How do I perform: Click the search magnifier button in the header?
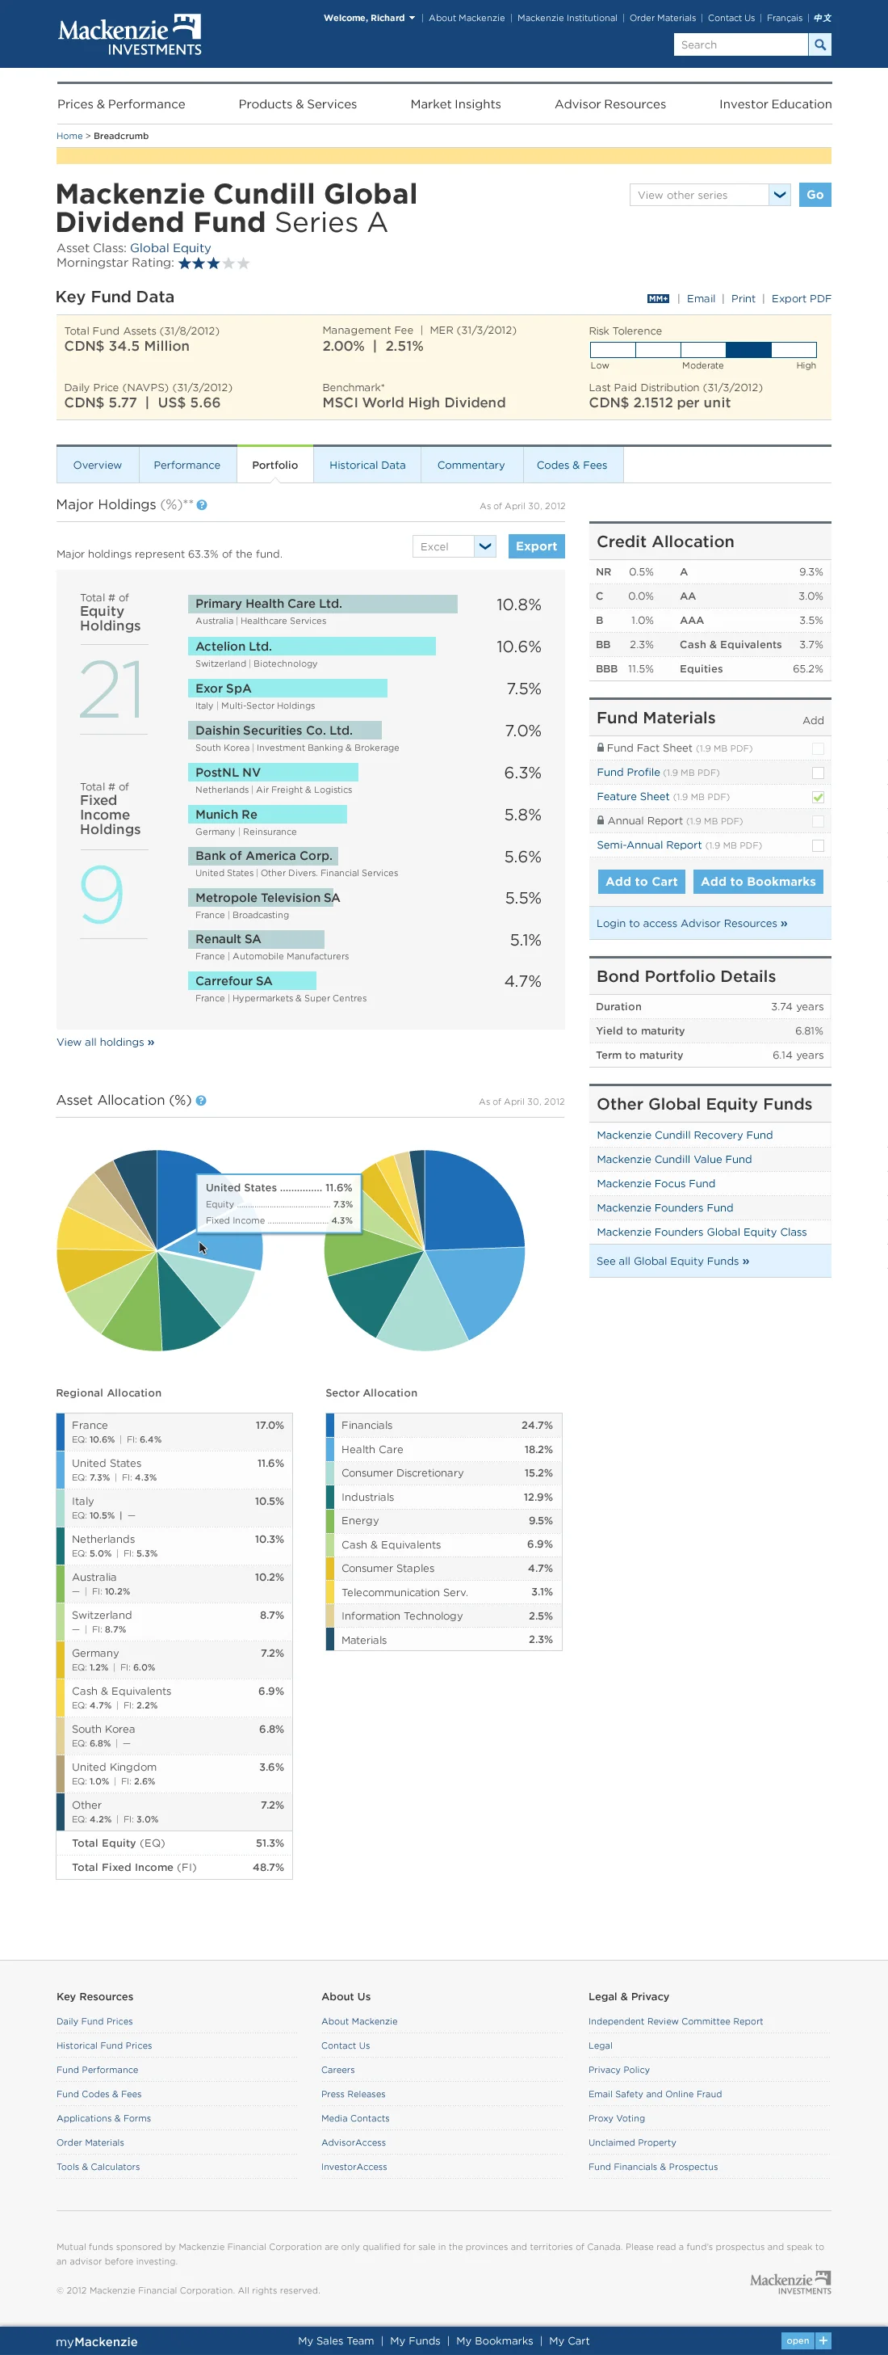[819, 44]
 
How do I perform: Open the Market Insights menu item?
[455, 104]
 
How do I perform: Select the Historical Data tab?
[367, 466]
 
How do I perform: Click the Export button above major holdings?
[535, 546]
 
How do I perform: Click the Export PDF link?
[800, 299]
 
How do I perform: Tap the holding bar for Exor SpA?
[287, 689]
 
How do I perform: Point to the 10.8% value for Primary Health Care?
[518, 605]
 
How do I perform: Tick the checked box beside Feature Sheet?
[818, 797]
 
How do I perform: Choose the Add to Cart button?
[640, 881]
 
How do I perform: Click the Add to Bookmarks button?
[757, 881]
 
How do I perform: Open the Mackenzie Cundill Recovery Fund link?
[685, 1135]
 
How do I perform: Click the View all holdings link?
[105, 1043]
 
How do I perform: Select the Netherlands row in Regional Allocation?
[174, 1545]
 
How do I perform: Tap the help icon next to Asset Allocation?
[201, 1101]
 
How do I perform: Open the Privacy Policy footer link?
[618, 2070]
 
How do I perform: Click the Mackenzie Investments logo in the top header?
[129, 35]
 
